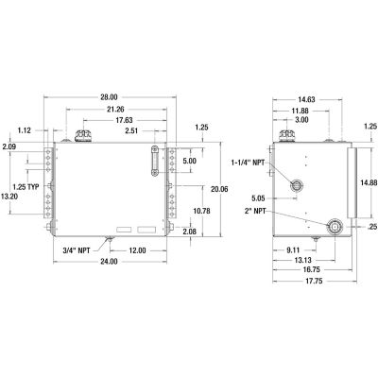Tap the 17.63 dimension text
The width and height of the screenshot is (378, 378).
tap(118, 119)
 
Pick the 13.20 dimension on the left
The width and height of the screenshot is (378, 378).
tap(12, 196)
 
